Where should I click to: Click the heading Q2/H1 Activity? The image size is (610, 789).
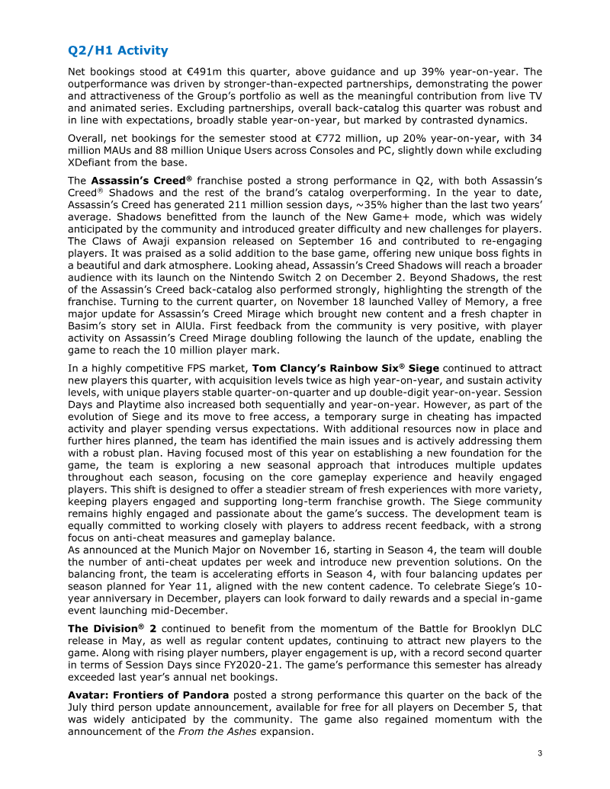[117, 51]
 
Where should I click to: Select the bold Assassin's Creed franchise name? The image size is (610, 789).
[143, 181]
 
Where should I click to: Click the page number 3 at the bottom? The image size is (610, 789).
[539, 755]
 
